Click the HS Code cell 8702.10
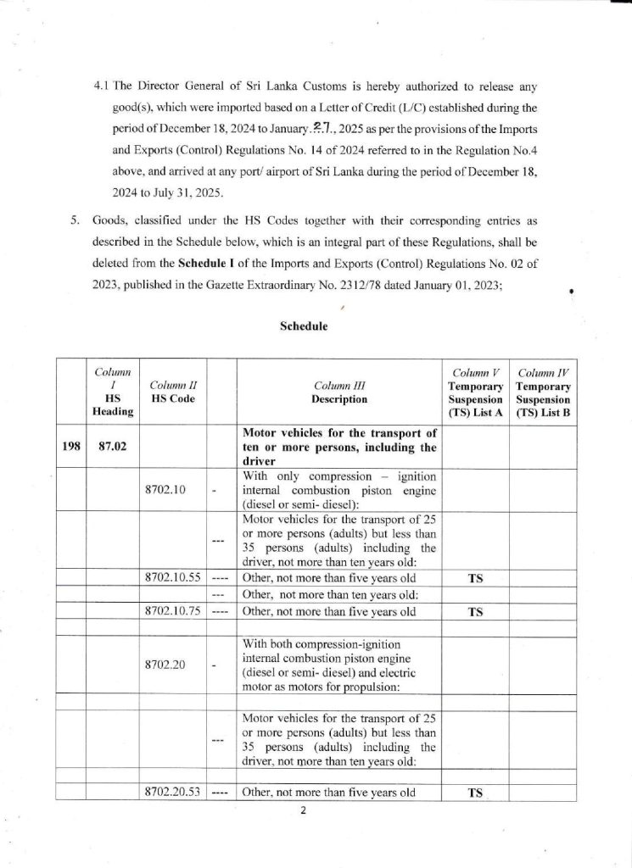tap(165, 490)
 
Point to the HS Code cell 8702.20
tap(165, 664)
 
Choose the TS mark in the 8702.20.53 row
tap(476, 794)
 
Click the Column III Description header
tap(338, 392)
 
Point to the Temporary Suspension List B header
tap(544, 392)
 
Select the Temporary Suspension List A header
tap(475, 392)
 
